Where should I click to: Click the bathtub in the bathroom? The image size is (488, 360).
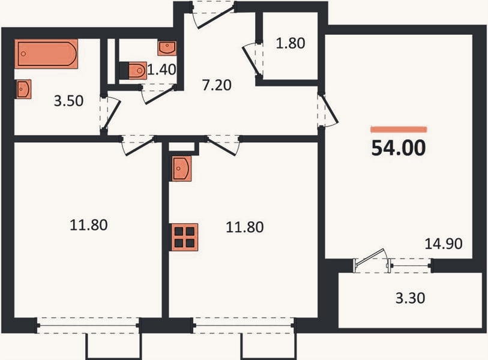[x=46, y=54]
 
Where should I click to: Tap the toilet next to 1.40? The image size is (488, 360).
[x=137, y=70]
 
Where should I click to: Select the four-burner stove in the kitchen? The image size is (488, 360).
[x=184, y=237]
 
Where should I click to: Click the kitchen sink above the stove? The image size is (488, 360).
[x=181, y=169]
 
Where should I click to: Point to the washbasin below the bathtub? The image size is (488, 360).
[x=23, y=89]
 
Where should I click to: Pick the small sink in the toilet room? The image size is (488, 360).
[x=167, y=48]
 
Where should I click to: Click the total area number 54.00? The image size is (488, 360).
[x=399, y=148]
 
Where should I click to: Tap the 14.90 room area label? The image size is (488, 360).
[x=444, y=244]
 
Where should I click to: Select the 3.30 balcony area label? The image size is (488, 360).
[x=410, y=298]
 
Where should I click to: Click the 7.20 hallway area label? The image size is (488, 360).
[x=217, y=85]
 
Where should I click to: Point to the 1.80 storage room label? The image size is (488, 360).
[x=291, y=43]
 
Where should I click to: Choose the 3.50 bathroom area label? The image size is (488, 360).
[x=68, y=101]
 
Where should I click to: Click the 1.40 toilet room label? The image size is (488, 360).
[x=161, y=70]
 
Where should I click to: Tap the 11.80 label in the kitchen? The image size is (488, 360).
[x=245, y=227]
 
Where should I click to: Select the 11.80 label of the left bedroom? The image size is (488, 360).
[x=89, y=225]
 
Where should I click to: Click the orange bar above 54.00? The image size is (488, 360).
[x=399, y=130]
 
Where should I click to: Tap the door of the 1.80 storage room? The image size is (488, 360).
[x=252, y=61]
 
